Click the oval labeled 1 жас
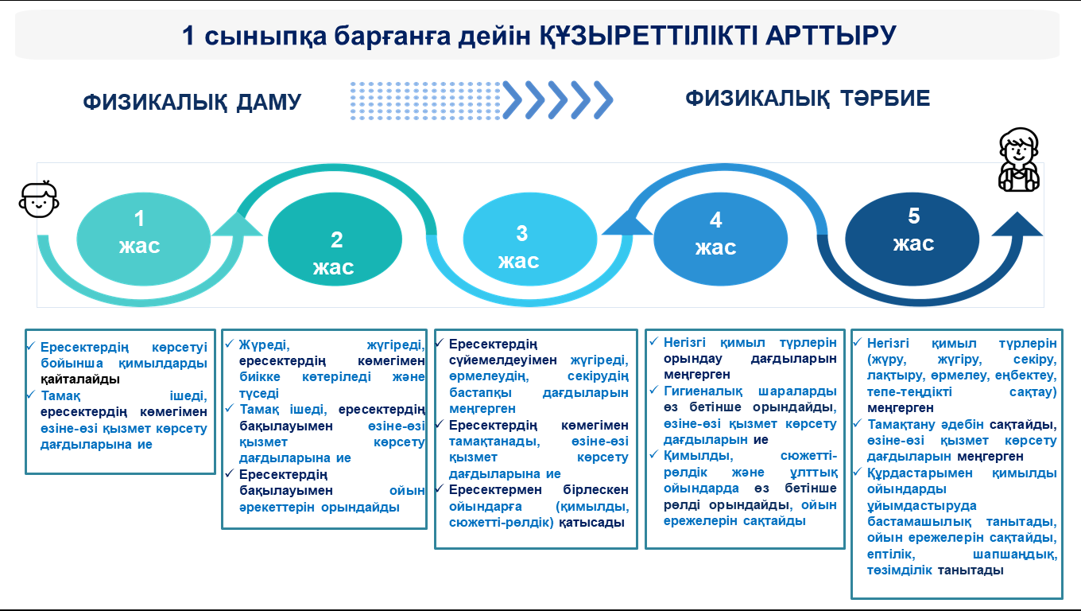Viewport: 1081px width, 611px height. point(143,239)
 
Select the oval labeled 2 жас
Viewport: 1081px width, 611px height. point(335,239)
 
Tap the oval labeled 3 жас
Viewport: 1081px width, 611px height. point(530,239)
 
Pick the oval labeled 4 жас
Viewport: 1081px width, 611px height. point(720,239)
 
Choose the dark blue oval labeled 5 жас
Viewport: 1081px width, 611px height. point(912,239)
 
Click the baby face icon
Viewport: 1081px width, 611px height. point(39,199)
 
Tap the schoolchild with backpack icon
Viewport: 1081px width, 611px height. point(1019,160)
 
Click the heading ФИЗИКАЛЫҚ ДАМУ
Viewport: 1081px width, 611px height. point(192,102)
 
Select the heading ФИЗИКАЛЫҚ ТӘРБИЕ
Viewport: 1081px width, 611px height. point(808,99)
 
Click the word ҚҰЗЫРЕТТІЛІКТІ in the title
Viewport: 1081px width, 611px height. point(648,36)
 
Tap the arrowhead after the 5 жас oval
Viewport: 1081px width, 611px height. point(1017,224)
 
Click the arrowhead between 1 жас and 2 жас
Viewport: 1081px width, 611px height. point(238,224)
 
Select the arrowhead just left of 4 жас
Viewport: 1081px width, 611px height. point(627,223)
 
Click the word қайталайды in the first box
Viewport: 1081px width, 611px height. point(80,379)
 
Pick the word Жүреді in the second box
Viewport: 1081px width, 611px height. point(264,345)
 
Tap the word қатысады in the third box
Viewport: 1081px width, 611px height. point(591,523)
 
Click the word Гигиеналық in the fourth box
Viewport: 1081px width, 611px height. point(703,391)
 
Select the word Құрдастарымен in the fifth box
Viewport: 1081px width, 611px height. point(920,473)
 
